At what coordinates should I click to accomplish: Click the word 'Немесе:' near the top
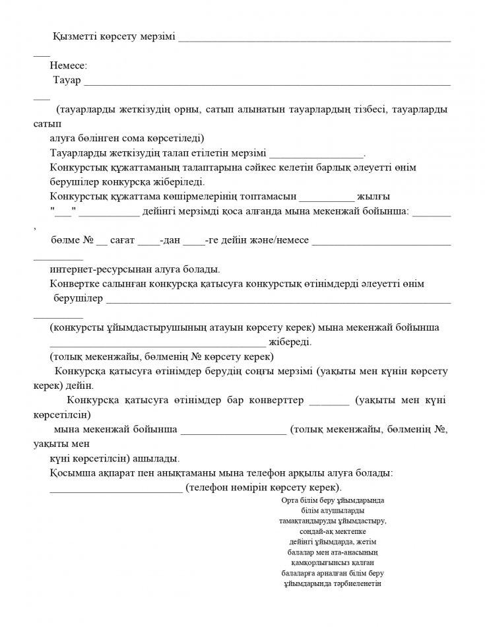(x=69, y=65)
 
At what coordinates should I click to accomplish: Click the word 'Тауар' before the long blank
(x=66, y=81)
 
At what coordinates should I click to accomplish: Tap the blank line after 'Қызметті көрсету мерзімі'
(x=315, y=39)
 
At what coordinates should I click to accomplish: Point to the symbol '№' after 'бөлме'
(x=88, y=241)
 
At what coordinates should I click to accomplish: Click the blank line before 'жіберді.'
(x=158, y=343)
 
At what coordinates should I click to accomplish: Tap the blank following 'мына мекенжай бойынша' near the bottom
(x=233, y=430)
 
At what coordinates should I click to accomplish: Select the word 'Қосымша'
(x=69, y=473)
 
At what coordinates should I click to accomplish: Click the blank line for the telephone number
(x=116, y=488)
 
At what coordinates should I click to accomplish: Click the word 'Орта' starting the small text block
(x=290, y=500)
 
